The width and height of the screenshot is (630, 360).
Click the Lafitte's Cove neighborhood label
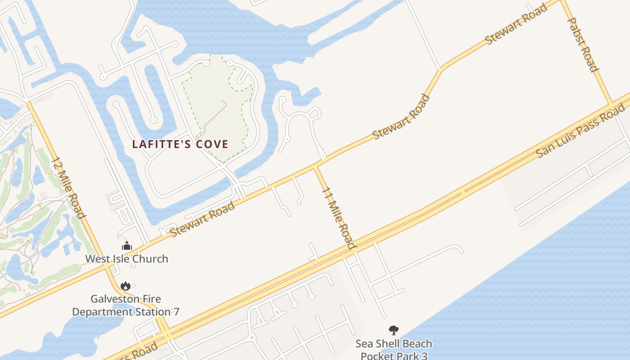180,144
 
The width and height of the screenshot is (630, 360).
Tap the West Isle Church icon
127,246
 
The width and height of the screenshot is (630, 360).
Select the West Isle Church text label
127,259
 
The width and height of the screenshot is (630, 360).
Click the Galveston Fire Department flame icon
126,286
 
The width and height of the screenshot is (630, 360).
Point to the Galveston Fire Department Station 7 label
126,305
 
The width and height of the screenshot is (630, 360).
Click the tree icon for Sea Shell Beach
394,331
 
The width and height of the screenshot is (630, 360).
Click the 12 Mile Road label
68,187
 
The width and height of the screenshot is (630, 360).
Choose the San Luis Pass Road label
580,130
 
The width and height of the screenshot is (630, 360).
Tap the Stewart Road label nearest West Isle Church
202,219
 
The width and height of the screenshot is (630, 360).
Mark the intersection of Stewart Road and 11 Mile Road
315,167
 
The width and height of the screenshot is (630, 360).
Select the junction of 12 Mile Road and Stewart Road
107,266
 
